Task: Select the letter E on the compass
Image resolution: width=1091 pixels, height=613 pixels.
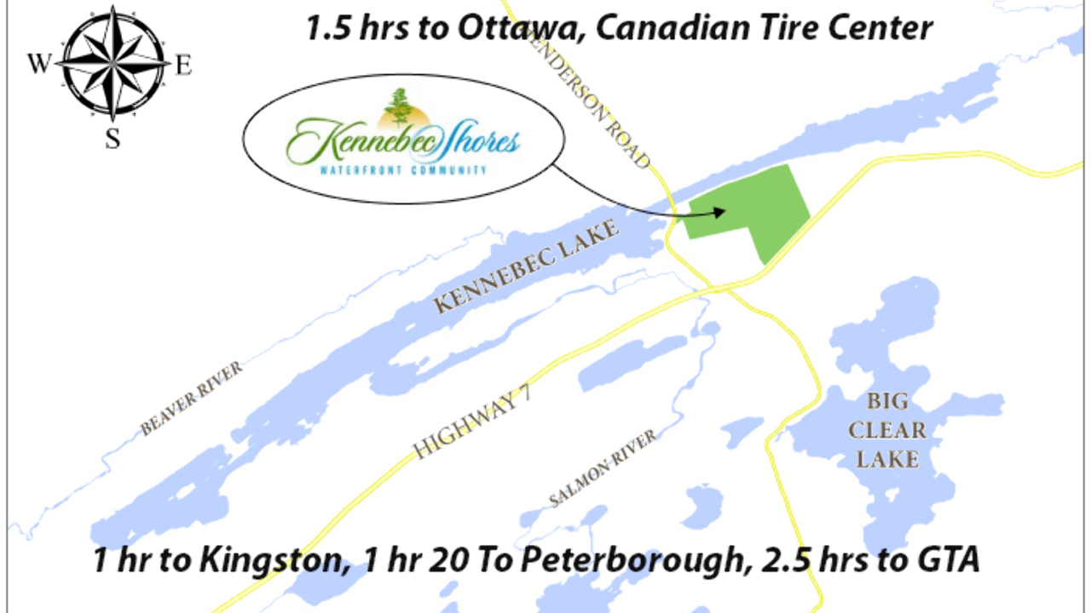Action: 183,65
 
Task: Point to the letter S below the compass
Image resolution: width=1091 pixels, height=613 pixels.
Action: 113,138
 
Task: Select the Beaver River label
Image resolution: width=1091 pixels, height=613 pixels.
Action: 192,398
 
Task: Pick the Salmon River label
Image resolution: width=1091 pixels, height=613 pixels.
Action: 603,468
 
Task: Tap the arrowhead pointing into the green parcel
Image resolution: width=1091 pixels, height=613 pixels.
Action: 720,211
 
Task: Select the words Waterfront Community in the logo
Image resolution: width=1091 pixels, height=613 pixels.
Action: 403,170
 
